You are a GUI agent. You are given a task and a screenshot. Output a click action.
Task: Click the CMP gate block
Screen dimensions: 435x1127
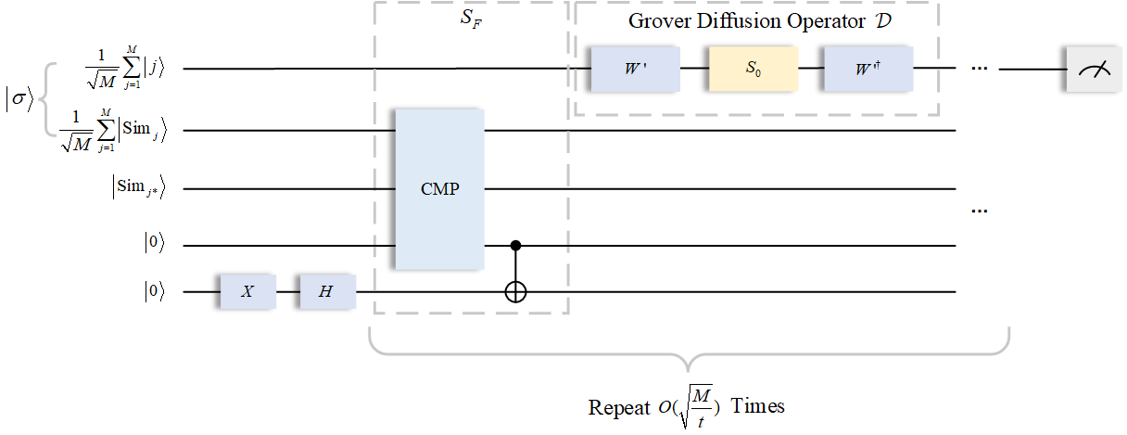click(439, 189)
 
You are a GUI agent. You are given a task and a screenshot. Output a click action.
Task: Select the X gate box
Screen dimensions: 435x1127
click(247, 291)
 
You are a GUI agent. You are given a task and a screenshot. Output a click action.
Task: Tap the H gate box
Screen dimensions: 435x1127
click(326, 291)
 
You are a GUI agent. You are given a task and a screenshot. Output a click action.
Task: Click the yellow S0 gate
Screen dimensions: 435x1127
click(753, 70)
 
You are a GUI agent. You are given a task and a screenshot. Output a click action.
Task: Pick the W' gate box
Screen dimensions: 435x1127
click(636, 70)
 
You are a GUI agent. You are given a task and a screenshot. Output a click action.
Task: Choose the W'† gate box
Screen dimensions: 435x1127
click(868, 70)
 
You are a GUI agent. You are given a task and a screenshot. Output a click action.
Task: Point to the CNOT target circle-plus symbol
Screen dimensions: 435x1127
click(514, 291)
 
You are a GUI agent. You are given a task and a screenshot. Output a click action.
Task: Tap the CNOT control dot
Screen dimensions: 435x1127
click(514, 246)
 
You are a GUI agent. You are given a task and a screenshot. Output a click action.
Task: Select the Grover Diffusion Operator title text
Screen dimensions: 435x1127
click(754, 20)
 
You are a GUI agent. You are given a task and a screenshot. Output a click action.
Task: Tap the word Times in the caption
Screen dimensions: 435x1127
click(758, 407)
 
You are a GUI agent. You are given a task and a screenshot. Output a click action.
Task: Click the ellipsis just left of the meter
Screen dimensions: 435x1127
click(981, 70)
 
